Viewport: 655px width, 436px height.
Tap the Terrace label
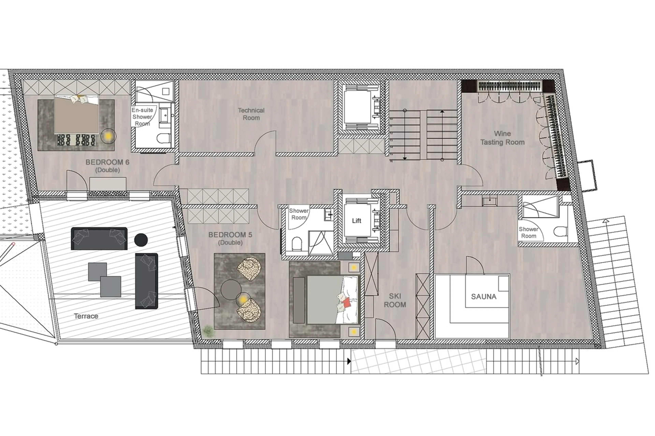coord(86,316)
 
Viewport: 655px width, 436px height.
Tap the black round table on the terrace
coord(141,240)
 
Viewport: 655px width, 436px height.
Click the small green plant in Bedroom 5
coord(208,331)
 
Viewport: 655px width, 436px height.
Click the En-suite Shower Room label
coord(142,117)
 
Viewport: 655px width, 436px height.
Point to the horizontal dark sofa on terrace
coord(99,239)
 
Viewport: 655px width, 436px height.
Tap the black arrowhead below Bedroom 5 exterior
coord(349,361)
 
